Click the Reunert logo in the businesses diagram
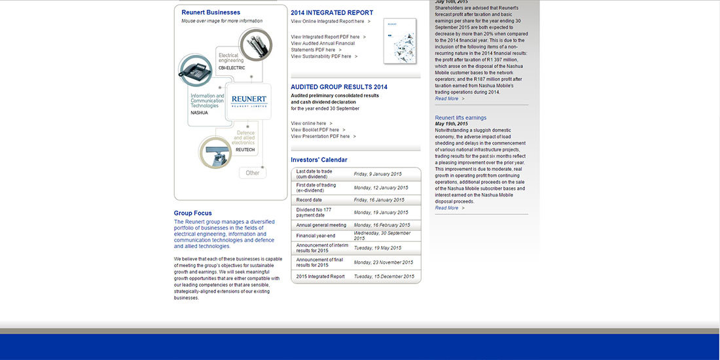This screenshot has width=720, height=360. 248,101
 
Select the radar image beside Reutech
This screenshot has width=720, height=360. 215,152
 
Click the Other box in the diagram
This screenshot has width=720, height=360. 253,173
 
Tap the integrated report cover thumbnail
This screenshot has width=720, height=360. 399,41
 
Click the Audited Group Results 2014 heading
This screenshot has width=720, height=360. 339,87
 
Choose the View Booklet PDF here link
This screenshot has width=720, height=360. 315,130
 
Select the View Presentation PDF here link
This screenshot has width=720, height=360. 320,136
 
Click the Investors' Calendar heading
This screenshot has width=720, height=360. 319,160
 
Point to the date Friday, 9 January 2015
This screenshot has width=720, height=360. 378,174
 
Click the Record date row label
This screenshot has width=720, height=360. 309,200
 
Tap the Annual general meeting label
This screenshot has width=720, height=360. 321,225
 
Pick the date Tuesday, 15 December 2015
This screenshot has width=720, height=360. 384,276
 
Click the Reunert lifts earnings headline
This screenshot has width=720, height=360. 461,118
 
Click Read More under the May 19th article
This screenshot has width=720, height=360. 447,207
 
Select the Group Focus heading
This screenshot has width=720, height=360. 192,213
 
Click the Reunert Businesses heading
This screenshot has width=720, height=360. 211,12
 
